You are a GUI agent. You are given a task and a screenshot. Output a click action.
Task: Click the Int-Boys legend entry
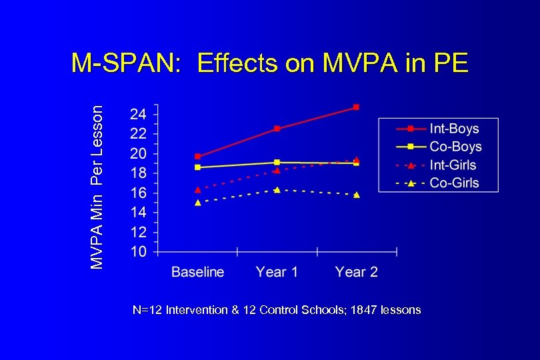coord(454,128)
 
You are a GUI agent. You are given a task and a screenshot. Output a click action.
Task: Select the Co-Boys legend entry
coord(455,147)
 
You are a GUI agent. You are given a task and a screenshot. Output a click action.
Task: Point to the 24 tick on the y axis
coord(138,113)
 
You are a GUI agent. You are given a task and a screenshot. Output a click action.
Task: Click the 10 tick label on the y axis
coord(138,252)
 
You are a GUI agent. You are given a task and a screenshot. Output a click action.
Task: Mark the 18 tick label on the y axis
coord(138,173)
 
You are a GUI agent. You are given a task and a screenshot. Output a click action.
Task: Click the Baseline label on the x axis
coord(197,272)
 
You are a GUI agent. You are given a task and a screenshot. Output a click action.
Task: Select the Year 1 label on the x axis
coord(277,272)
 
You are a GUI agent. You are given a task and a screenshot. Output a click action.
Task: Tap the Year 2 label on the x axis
coord(357,272)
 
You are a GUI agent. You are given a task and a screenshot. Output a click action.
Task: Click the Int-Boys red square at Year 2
coord(357,107)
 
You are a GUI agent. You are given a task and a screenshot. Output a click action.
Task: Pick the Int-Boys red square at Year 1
coord(277,129)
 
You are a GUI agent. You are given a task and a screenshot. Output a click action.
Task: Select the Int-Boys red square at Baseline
coord(197,157)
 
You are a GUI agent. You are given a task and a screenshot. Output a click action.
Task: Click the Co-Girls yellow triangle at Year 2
coord(357,195)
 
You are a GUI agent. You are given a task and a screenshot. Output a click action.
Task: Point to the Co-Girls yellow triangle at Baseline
coord(197,203)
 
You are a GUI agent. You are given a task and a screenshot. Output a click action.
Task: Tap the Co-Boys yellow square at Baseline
coord(197,167)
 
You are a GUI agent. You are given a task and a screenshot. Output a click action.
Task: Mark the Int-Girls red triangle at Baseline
coord(197,189)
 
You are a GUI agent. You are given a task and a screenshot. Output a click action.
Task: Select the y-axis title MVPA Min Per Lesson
coord(97,187)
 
